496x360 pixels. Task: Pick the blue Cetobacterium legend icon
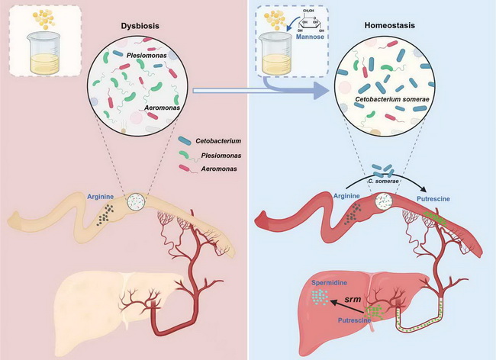pyautogui.click(x=187, y=140)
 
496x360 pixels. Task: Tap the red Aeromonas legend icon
pyautogui.click(x=187, y=169)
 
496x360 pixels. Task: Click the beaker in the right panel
pyautogui.click(x=272, y=56)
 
